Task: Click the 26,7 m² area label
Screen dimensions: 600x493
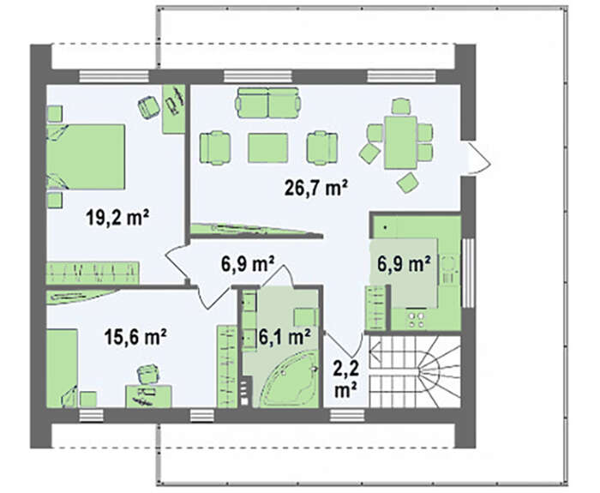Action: tap(316, 188)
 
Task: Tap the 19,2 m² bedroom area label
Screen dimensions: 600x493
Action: tap(117, 218)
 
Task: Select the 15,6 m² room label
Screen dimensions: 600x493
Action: tap(135, 337)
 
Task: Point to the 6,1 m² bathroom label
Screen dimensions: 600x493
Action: tap(285, 337)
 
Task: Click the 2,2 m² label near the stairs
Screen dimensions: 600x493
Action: tap(346, 379)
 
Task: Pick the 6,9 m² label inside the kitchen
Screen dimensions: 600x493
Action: tap(404, 263)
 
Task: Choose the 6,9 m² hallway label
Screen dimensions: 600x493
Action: tap(248, 264)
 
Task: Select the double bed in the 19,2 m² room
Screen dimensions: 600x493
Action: tap(86, 157)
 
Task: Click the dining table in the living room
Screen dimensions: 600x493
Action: tap(400, 142)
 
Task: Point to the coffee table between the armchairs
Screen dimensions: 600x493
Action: tap(267, 147)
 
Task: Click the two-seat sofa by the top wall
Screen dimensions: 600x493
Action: tap(268, 103)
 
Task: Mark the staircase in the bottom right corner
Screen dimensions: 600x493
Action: tap(414, 371)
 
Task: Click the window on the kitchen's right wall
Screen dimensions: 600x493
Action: tap(468, 273)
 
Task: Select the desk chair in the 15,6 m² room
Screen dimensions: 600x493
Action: tap(147, 374)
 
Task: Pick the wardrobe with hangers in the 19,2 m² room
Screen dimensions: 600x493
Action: tap(93, 273)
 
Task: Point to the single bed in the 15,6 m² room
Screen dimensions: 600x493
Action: tap(62, 368)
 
